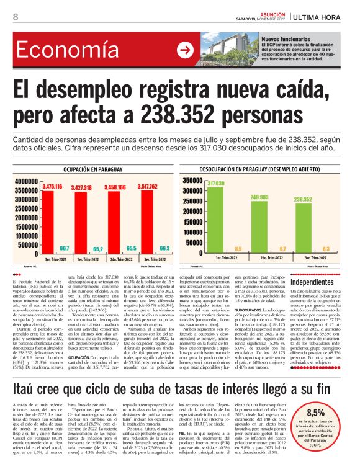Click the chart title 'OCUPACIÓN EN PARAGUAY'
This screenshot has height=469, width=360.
pyautogui.click(x=92, y=169)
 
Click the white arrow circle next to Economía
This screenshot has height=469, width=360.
pyautogui.click(x=185, y=50)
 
